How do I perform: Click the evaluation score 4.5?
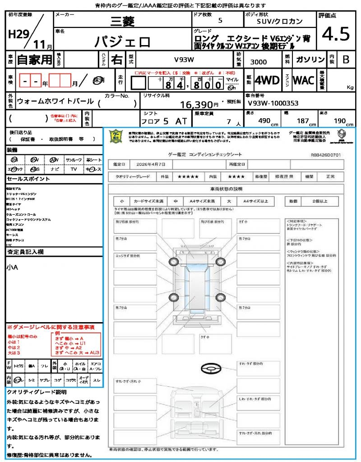tap(336, 34)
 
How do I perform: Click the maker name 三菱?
tap(121, 21)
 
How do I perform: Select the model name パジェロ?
tap(122, 42)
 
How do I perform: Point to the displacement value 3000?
tap(259, 62)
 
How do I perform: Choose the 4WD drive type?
tap(267, 80)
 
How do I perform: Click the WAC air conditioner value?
tap(303, 80)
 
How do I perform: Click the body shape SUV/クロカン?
tap(279, 21)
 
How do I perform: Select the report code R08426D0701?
tap(325, 155)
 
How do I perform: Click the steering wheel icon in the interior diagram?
tap(209, 370)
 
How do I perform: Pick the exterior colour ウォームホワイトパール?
tap(55, 102)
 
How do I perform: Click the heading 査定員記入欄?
tap(25, 252)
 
